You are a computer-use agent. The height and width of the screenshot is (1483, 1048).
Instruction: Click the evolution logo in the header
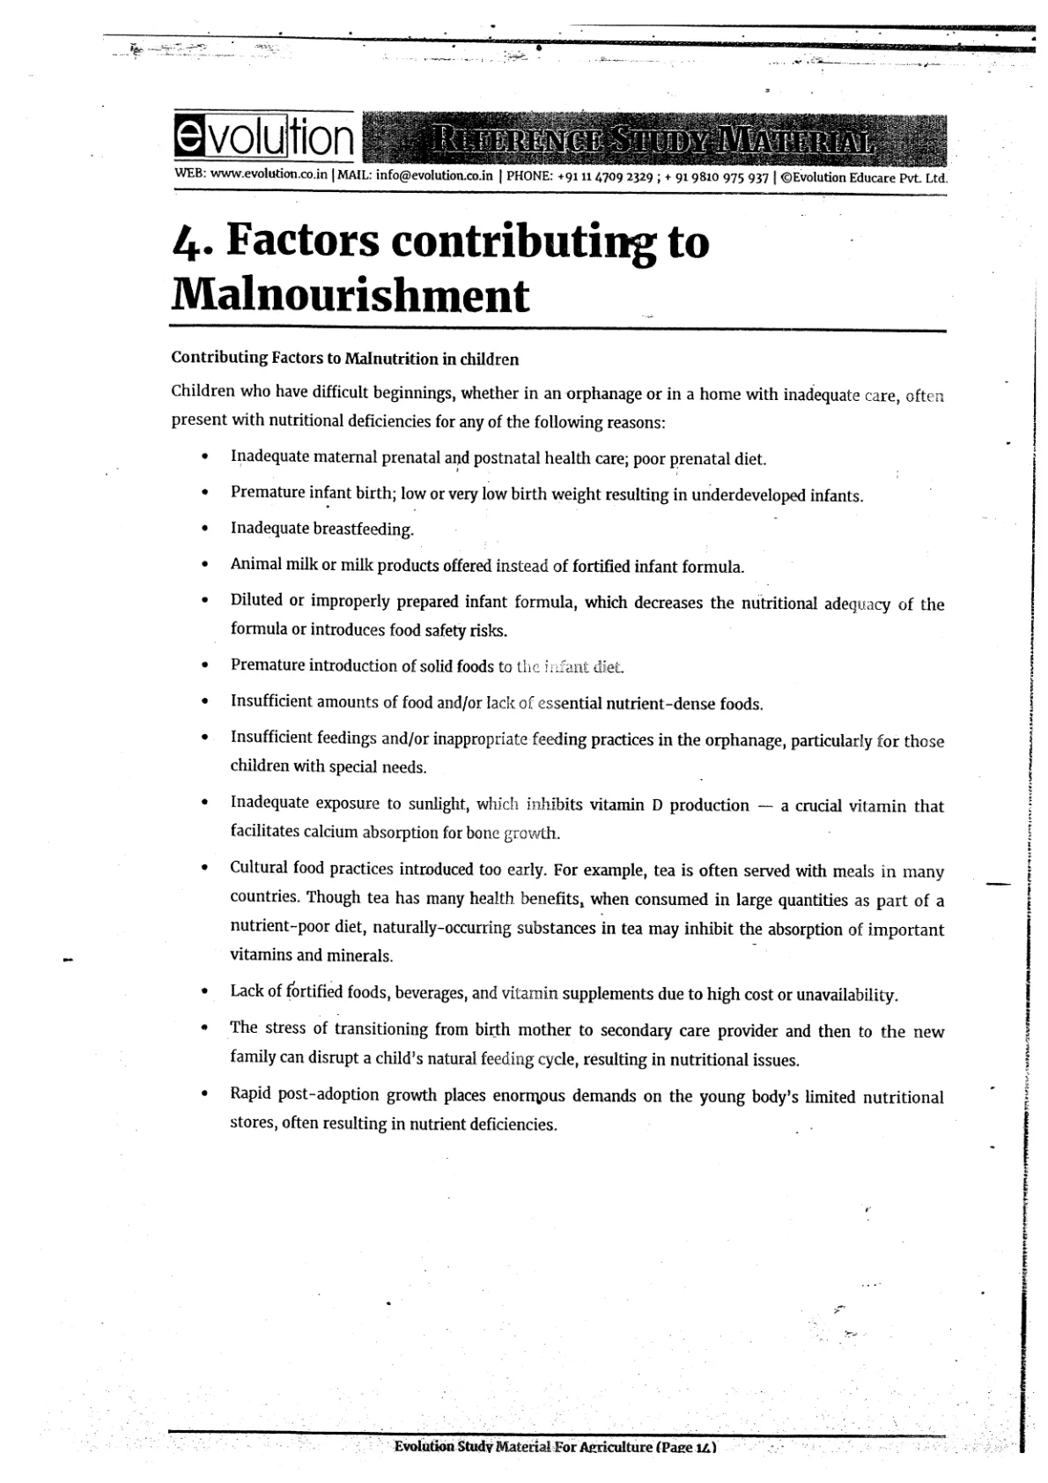[264, 138]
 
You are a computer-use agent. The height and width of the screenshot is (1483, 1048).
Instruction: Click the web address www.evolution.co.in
[269, 174]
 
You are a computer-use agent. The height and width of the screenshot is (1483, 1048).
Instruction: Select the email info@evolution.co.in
[433, 174]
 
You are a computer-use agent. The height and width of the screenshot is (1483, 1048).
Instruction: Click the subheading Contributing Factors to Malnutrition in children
[344, 359]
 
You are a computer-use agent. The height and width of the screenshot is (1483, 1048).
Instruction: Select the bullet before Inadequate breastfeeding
[204, 530]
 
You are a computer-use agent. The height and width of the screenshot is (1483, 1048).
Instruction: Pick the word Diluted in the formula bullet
[256, 600]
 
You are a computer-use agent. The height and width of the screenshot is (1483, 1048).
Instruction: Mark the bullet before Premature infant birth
[204, 493]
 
